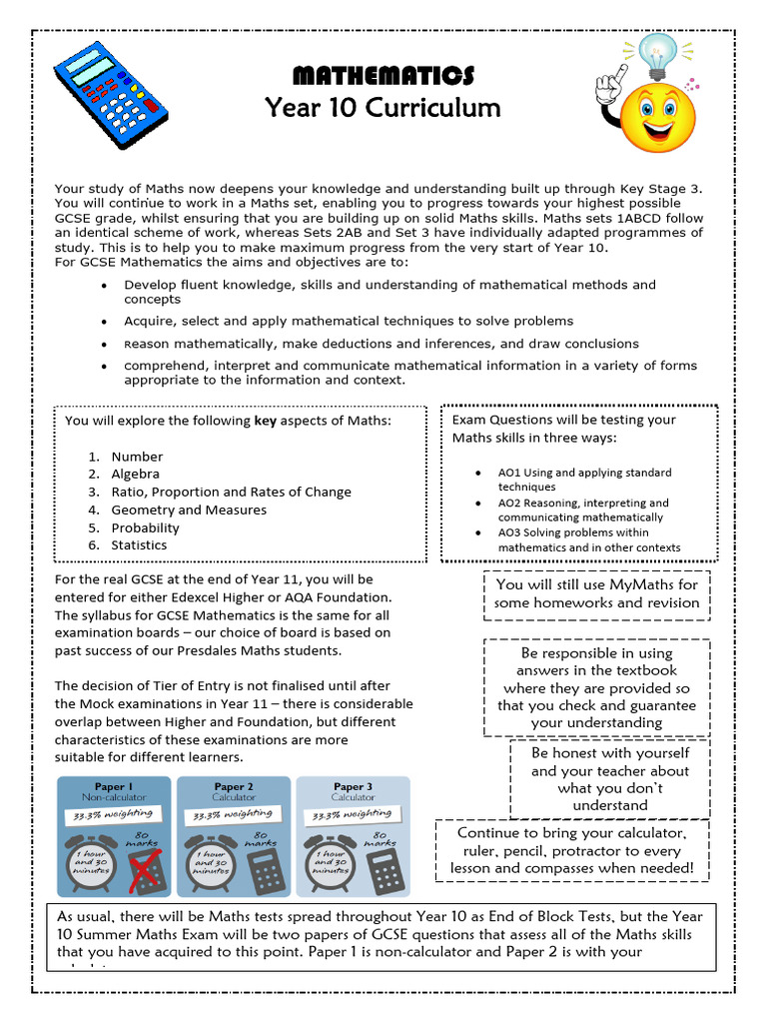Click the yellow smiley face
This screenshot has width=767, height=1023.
coord(657,117)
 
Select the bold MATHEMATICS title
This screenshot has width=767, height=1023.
coord(383,76)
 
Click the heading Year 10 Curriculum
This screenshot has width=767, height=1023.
coord(383,107)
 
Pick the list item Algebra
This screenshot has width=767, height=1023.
coord(135,474)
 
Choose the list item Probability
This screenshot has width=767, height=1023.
coord(145,527)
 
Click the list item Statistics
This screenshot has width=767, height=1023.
coord(139,545)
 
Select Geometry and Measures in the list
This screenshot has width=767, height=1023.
coord(189,510)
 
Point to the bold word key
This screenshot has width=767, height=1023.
coord(265,421)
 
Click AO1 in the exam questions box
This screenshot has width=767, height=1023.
coord(509,473)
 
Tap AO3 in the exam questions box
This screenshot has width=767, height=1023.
coord(509,532)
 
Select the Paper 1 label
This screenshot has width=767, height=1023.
coord(114,786)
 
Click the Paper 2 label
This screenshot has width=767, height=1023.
coord(234,786)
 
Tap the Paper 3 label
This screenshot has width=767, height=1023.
coord(354,786)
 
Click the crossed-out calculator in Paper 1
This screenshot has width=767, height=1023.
coord(146,871)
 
